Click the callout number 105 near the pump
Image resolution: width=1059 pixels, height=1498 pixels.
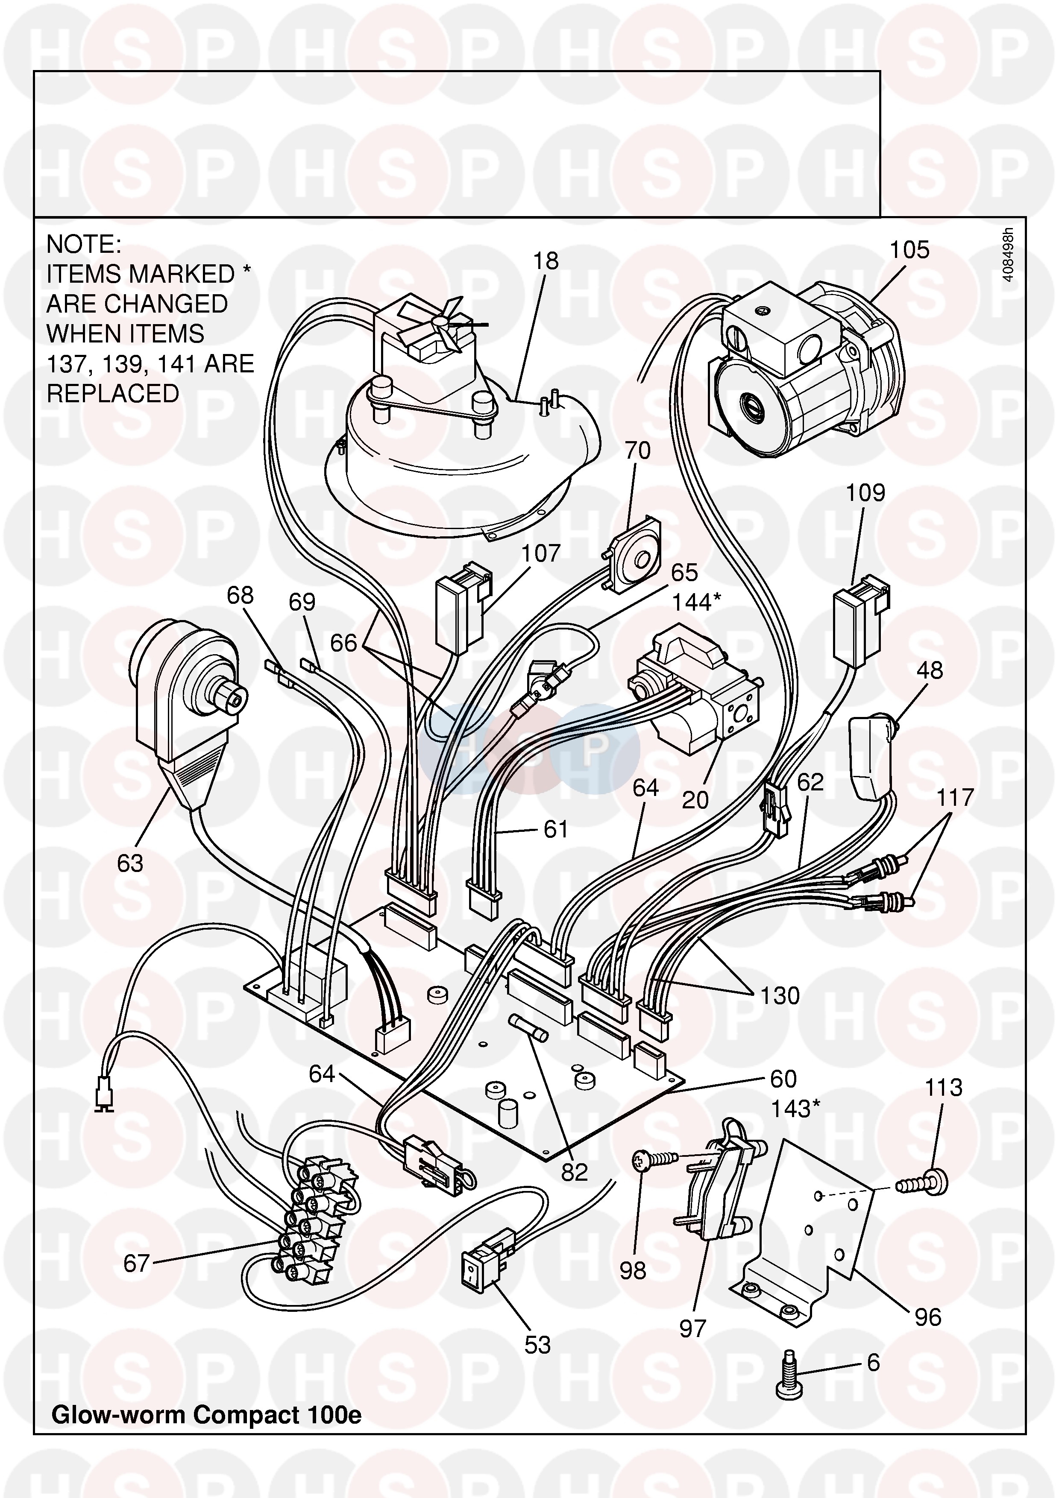(909, 250)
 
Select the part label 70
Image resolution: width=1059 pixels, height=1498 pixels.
(637, 451)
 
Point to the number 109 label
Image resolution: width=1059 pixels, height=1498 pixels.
(865, 493)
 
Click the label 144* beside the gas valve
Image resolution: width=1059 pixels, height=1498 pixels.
(696, 602)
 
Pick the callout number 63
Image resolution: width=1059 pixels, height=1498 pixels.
(130, 864)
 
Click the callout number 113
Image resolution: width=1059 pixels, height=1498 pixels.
(944, 1088)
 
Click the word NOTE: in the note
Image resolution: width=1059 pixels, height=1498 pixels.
(84, 245)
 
